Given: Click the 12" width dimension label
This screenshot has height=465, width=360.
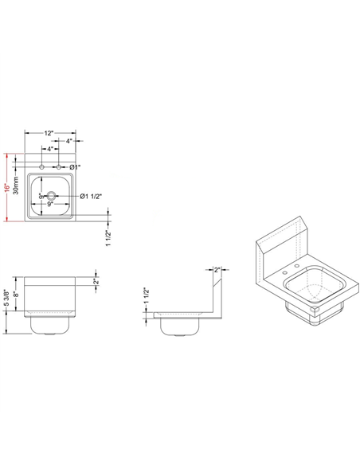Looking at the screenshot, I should click(x=49, y=132).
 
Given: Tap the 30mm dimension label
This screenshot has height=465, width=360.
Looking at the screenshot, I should click(x=19, y=189).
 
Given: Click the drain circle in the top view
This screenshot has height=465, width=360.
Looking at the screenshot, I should click(x=51, y=195).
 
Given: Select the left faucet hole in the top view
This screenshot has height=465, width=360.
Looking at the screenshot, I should click(x=43, y=166).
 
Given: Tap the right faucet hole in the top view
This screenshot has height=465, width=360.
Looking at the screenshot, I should click(x=59, y=166).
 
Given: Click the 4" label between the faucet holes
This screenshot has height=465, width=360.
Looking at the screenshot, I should click(x=50, y=149).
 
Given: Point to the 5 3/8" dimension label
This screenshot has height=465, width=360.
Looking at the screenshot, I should click(x=6, y=299).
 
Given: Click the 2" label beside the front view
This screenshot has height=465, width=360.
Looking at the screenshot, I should click(x=96, y=282).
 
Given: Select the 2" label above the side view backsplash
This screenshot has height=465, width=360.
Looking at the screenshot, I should click(x=216, y=270).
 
